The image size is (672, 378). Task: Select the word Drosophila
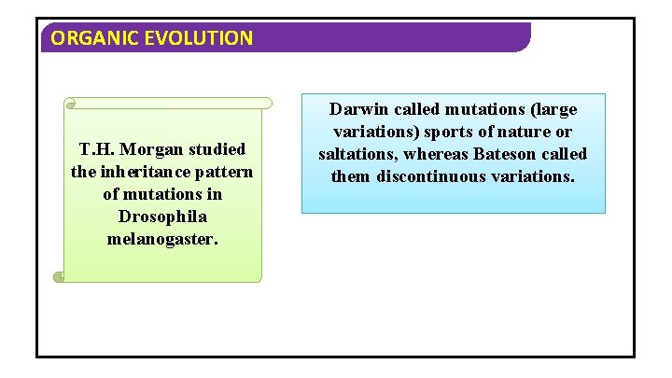click(162, 217)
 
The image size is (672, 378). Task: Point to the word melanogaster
click(162, 239)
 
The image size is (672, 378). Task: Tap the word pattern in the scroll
click(225, 172)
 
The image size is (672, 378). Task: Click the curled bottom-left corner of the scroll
click(60, 276)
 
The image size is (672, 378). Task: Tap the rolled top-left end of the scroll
click(70, 103)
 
